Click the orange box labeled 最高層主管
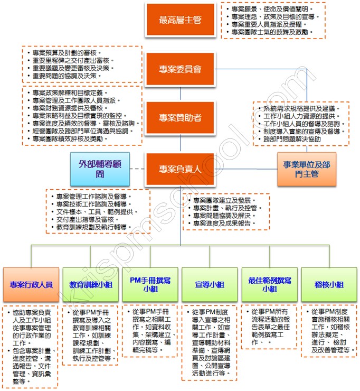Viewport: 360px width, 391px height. [x=180, y=21]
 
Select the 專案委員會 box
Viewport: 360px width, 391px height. [x=180, y=69]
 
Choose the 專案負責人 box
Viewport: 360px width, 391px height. [x=180, y=169]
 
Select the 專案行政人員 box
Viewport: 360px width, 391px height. [x=31, y=284]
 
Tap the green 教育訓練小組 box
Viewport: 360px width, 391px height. [x=91, y=284]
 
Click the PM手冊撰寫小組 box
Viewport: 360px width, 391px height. [x=150, y=284]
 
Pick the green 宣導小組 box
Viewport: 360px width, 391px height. [x=210, y=284]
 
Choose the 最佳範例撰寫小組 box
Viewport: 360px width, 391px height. [x=269, y=284]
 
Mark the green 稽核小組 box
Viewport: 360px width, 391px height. [x=328, y=284]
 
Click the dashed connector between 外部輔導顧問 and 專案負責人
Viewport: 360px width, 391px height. [x=136, y=169]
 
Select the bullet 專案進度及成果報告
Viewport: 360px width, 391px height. [x=224, y=224]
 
